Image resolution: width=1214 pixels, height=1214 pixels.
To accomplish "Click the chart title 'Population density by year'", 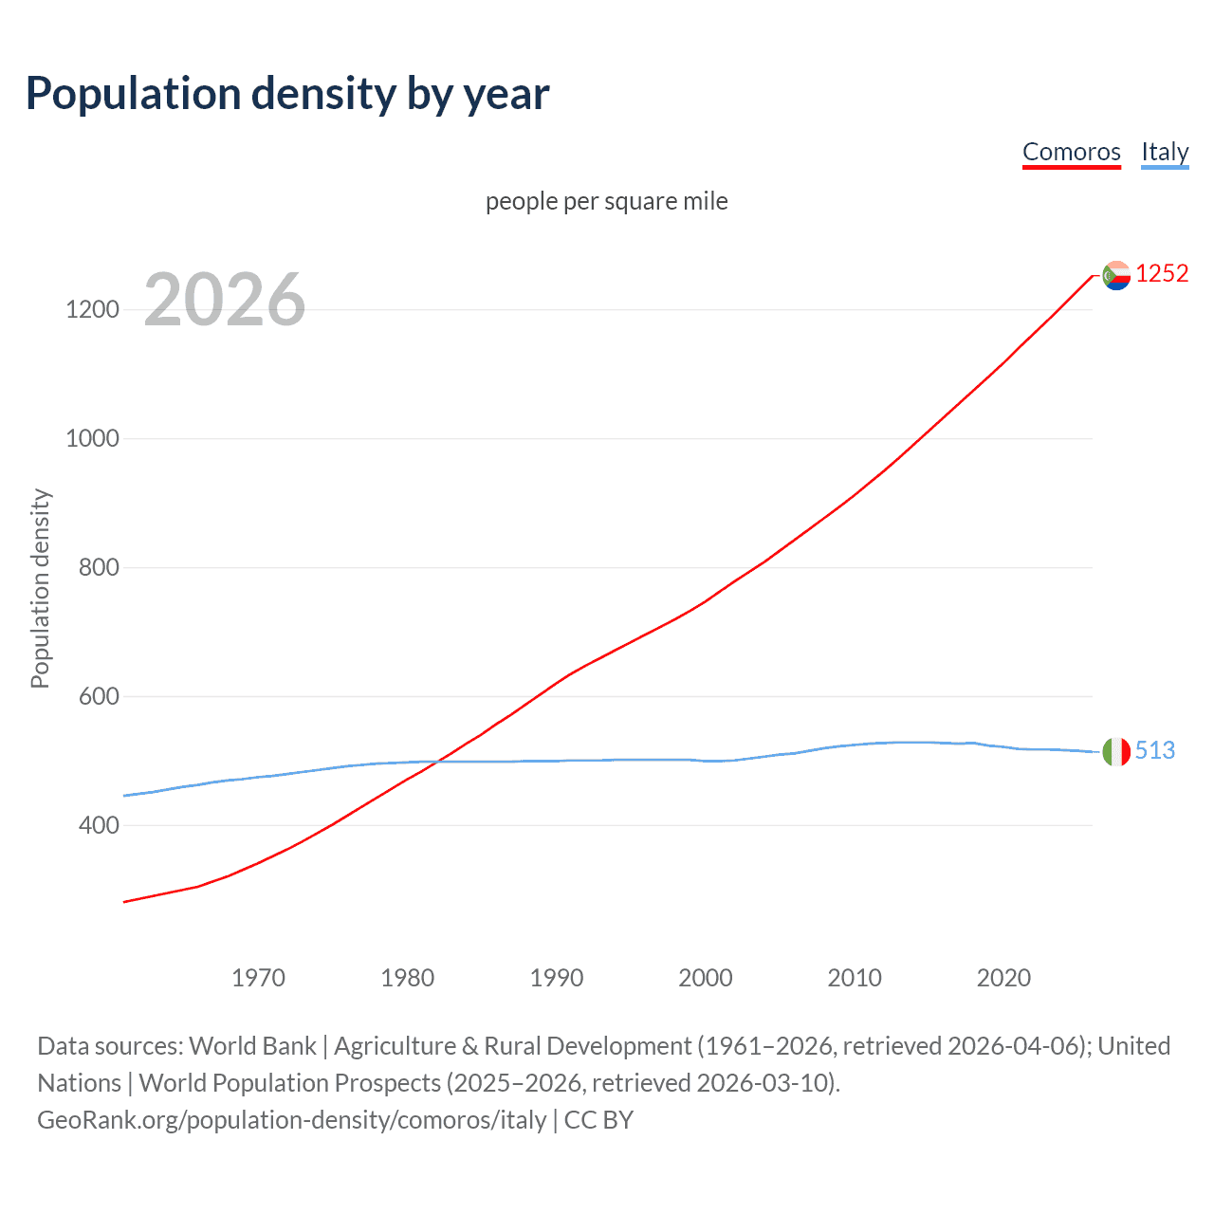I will tap(287, 94).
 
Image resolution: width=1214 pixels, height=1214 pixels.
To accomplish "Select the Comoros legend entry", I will tap(1071, 152).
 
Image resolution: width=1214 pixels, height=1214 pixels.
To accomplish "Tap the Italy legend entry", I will tap(1165, 152).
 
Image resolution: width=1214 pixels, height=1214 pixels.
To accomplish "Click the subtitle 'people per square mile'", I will tap(606, 201).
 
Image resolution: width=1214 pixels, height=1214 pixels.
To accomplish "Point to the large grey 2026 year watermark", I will tap(225, 300).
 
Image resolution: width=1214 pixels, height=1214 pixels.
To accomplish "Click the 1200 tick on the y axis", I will tap(92, 309).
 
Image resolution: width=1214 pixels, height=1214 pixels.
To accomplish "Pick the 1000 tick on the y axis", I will tap(92, 438).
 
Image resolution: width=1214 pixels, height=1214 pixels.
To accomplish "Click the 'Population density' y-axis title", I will tap(40, 588).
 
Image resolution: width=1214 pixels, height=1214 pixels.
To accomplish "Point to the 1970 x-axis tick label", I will tap(258, 978).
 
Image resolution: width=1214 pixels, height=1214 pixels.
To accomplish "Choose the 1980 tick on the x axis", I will tap(407, 978).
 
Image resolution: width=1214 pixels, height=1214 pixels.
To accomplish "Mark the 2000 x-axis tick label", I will tap(705, 978).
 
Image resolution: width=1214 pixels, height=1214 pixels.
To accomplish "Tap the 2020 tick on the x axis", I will tap(1003, 978).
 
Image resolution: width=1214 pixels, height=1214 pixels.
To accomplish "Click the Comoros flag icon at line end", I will tap(1116, 275).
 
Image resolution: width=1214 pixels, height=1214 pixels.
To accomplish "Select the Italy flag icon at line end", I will tap(1116, 751).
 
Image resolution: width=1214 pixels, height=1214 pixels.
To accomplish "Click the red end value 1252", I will tap(1162, 274).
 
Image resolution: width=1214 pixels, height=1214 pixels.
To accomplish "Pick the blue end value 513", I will tap(1154, 750).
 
